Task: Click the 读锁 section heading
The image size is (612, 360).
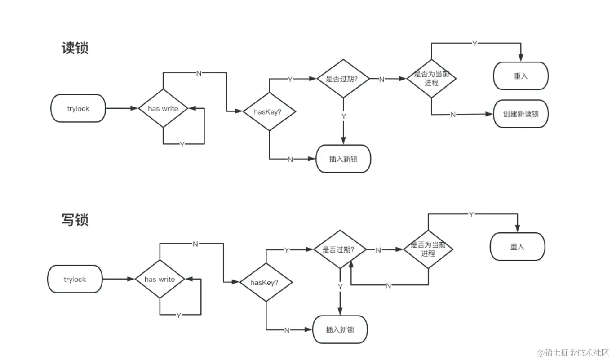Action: pyautogui.click(x=75, y=48)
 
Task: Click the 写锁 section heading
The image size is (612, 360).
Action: pyautogui.click(x=75, y=219)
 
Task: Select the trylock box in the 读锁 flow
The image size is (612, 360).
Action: pyautogui.click(x=78, y=109)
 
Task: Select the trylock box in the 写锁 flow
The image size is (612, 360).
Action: pyautogui.click(x=75, y=279)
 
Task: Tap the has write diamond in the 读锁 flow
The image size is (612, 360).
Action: pyautogui.click(x=163, y=108)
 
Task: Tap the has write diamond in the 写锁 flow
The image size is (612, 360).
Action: pyautogui.click(x=160, y=279)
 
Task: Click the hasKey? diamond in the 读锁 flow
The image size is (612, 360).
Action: pyautogui.click(x=269, y=112)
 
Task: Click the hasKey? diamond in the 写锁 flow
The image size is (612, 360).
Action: pyautogui.click(x=266, y=283)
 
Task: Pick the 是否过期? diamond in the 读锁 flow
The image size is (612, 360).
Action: pyautogui.click(x=343, y=78)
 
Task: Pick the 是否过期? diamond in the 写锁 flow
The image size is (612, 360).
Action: pyautogui.click(x=340, y=249)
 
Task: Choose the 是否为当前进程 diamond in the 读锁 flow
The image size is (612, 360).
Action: pyautogui.click(x=431, y=79)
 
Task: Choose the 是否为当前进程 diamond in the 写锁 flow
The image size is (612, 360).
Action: pyautogui.click(x=428, y=249)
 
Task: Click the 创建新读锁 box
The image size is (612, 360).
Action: pyautogui.click(x=521, y=114)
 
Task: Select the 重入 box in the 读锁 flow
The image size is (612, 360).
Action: pyautogui.click(x=521, y=76)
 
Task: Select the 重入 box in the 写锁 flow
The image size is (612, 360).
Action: pyautogui.click(x=517, y=247)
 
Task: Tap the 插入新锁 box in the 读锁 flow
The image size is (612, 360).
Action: pyautogui.click(x=343, y=159)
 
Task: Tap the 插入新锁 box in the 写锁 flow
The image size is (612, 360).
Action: pyautogui.click(x=340, y=329)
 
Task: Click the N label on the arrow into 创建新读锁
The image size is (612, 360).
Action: pyautogui.click(x=452, y=115)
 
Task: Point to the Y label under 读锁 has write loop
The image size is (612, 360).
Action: pyautogui.click(x=182, y=145)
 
